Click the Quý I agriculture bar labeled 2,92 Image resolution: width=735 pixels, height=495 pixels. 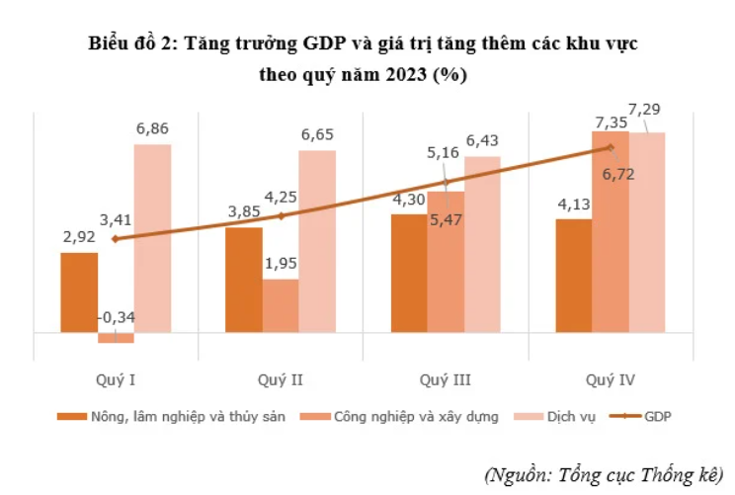[x=79, y=292]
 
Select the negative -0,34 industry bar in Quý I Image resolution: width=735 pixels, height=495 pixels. [x=116, y=338]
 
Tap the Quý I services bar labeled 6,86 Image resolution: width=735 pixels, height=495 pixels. [x=152, y=238]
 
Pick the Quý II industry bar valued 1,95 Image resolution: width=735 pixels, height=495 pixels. [x=281, y=306]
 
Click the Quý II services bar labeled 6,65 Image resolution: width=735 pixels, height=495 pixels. [x=317, y=241]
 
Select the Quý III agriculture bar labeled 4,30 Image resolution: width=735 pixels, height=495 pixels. [x=409, y=273]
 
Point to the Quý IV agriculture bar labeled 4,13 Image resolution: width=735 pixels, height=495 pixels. [x=574, y=276]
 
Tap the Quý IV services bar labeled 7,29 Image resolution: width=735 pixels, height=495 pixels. [x=647, y=232]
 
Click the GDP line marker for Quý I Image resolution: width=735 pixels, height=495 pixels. [x=116, y=239]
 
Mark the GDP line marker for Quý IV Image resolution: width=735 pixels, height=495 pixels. [x=611, y=148]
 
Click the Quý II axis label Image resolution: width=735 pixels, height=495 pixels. [x=281, y=379]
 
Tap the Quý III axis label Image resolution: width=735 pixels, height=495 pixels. [x=445, y=379]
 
